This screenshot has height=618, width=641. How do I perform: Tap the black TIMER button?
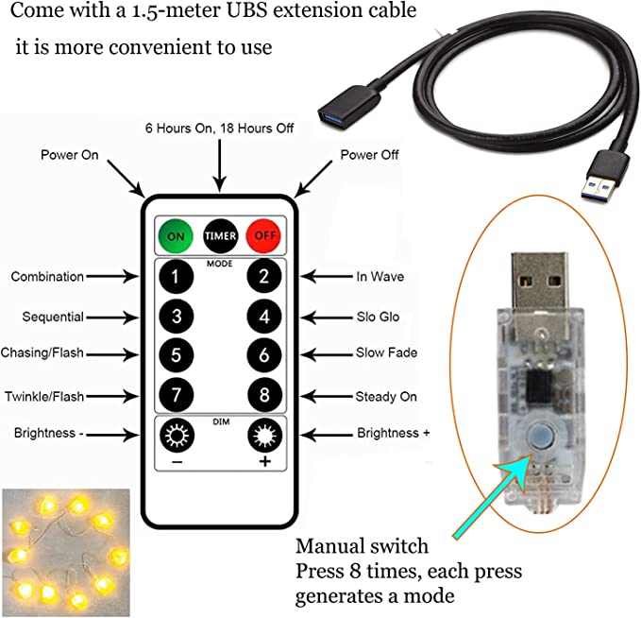[219, 234]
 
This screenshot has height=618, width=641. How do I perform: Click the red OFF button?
[264, 234]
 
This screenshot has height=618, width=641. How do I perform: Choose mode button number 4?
[265, 317]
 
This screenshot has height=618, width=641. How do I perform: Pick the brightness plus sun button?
[265, 436]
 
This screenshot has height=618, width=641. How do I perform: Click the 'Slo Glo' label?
[377, 317]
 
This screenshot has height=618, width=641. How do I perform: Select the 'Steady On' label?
[385, 396]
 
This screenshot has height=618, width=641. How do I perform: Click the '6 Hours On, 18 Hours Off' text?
[219, 128]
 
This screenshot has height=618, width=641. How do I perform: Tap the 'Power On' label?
[69, 154]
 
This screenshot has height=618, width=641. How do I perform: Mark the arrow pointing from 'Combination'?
[117, 277]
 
